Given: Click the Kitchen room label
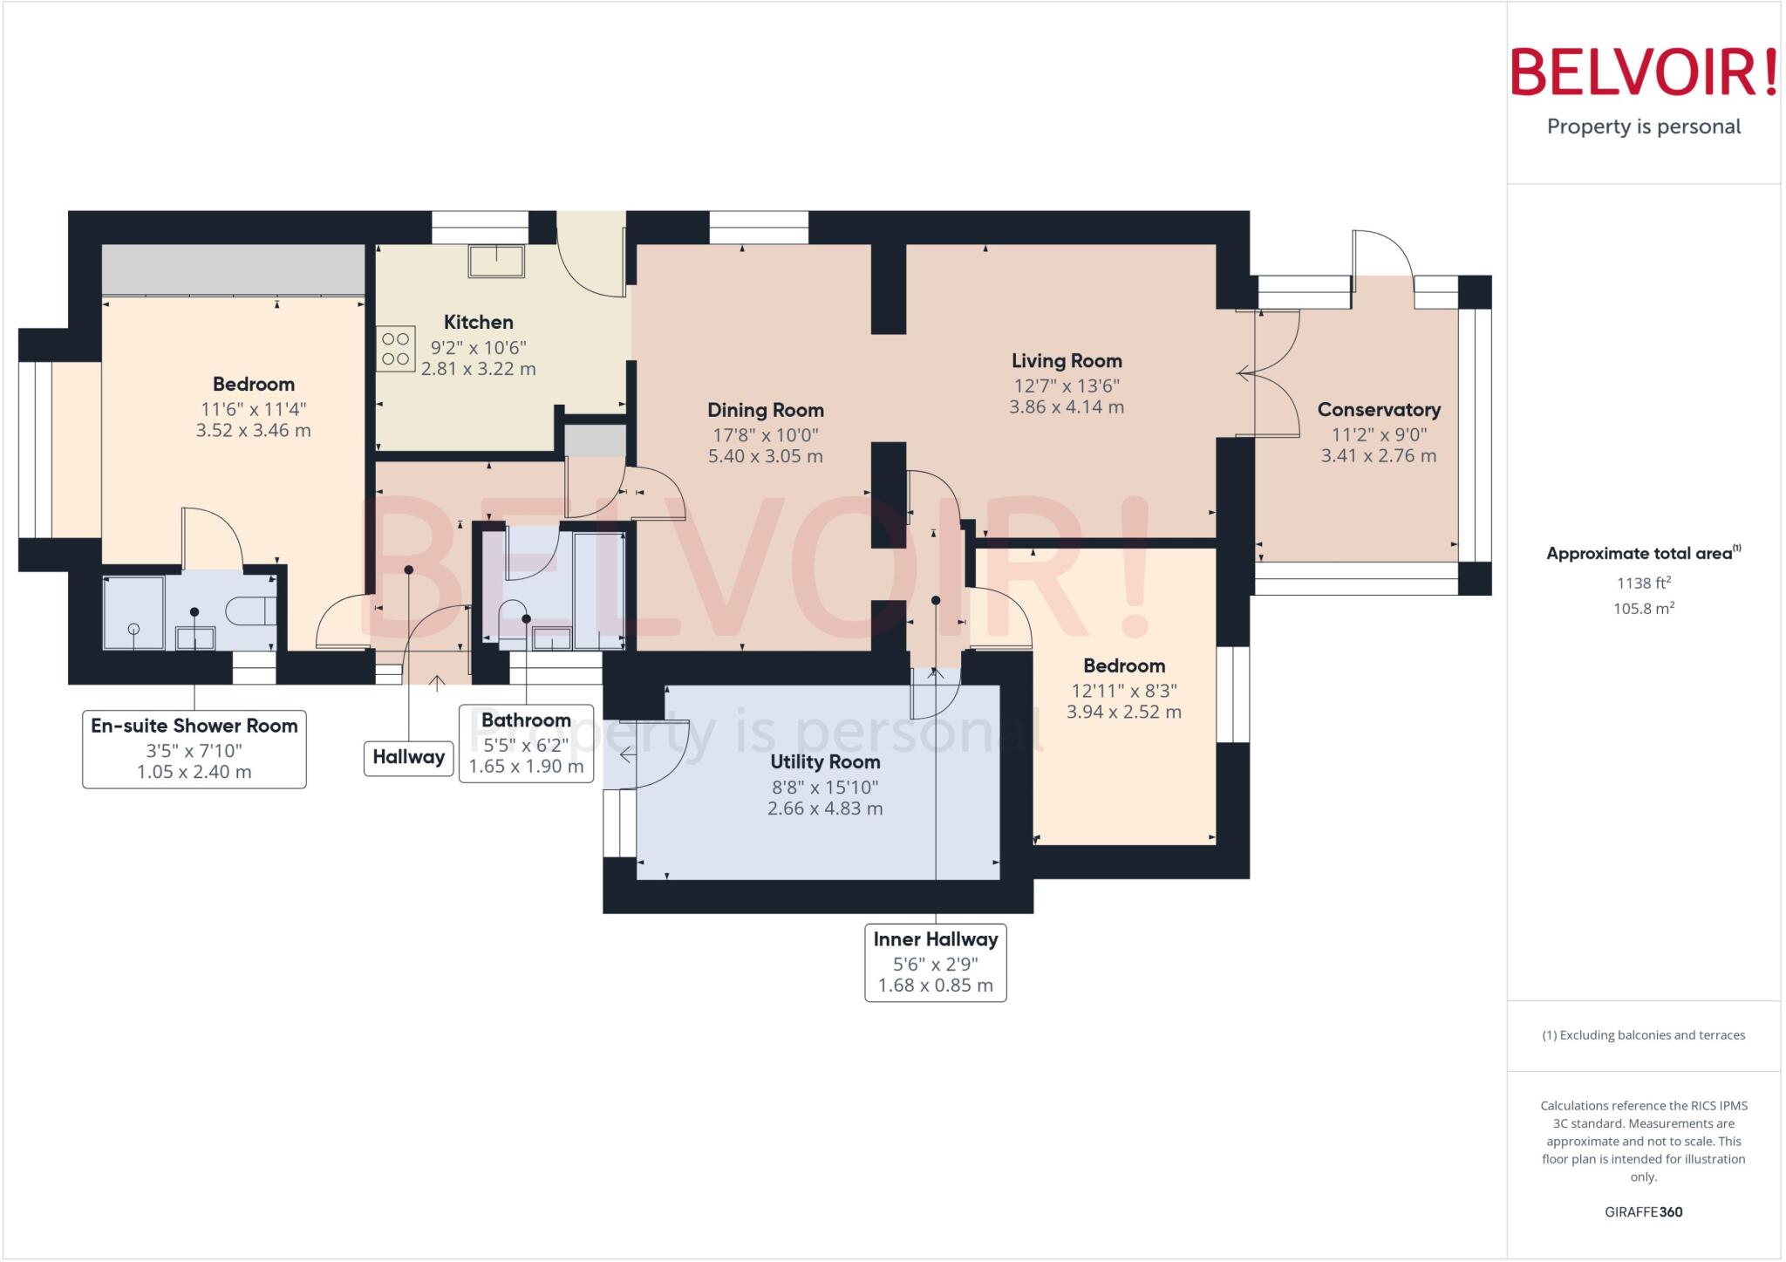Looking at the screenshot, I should click(478, 322).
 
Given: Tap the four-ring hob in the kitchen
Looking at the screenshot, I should click(395, 349).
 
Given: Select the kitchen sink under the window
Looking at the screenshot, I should click(497, 261).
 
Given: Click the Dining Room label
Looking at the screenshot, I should click(765, 410).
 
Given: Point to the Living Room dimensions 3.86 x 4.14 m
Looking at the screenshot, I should click(1066, 407).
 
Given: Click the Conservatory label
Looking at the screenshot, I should click(1378, 409).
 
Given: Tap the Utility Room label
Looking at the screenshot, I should click(824, 761).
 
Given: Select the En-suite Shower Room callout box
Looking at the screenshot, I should click(194, 748).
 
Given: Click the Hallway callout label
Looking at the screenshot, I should click(408, 757).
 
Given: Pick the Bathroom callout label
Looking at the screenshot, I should click(526, 720).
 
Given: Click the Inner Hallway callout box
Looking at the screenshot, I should click(935, 962).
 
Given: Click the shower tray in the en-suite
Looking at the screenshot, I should click(133, 612).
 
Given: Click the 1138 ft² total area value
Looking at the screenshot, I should click(1643, 583).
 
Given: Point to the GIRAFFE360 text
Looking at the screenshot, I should click(1643, 1211).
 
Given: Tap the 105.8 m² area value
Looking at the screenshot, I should click(1643, 609).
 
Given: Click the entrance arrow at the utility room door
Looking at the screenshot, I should click(627, 754).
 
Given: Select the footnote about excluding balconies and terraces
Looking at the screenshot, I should click(1643, 1035).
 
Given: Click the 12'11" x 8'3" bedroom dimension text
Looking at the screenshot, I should click(1123, 691).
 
